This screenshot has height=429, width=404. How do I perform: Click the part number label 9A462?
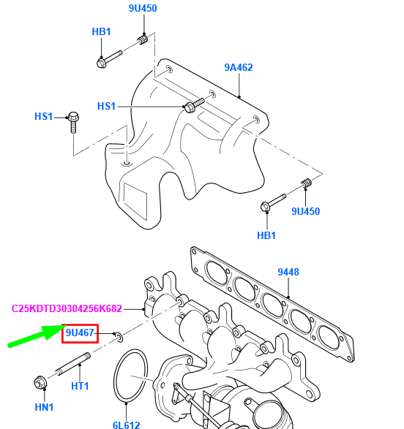(238, 68)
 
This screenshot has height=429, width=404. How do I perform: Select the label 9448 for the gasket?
(288, 273)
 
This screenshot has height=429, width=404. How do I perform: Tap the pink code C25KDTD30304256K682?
(67, 308)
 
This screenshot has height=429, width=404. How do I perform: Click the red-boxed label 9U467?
(80, 334)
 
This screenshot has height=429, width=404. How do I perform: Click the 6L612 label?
(126, 423)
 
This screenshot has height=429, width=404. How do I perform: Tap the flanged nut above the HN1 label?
(40, 382)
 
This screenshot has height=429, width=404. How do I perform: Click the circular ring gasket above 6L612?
(130, 375)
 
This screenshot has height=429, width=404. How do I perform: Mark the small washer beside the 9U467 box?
(117, 336)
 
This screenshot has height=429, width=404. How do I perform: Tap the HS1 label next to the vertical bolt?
(44, 116)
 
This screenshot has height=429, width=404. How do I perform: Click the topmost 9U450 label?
(143, 9)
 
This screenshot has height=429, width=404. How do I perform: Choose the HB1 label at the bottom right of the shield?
(266, 235)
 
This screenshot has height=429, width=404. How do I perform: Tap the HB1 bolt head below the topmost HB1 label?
(102, 62)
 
